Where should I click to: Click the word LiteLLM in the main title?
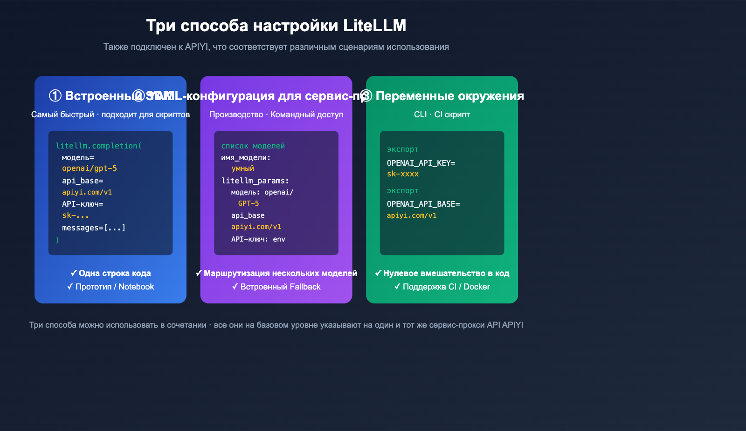coord(374,26)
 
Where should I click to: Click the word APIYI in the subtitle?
coord(196,47)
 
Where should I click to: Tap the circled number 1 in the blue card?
coord(55,96)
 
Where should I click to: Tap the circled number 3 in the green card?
coord(366,96)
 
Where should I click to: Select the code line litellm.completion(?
coord(98,146)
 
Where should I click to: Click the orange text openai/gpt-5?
coord(90,168)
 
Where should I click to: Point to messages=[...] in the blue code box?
coord(94,228)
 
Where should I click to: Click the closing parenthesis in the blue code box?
coord(57,240)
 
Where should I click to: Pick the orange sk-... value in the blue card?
coord(75,215)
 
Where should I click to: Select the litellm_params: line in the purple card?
coord(255,181)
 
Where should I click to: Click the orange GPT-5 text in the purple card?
coord(248,203)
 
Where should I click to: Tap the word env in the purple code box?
coord(279,239)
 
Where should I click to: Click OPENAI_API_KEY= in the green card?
coord(421,163)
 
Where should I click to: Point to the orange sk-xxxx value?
coord(403,174)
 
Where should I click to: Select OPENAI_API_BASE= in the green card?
coord(423,204)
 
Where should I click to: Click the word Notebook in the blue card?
coord(136,287)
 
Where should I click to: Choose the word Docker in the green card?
coord(477,287)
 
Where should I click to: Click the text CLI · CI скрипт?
coord(442,114)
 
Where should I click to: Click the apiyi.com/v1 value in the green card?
coord(412,215)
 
